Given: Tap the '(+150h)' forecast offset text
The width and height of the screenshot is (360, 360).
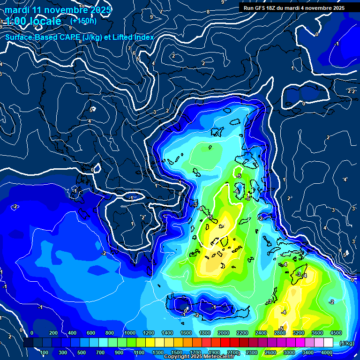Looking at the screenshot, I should (83, 21).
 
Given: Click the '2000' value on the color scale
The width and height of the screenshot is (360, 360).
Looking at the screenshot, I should (223, 333).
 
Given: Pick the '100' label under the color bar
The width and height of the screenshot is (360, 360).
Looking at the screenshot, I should (45, 352).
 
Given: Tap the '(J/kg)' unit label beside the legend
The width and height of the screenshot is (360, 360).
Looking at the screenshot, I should (347, 344).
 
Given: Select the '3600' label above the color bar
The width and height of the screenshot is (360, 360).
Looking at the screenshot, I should (317, 333).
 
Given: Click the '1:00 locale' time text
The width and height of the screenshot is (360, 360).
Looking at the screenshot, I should (33, 21).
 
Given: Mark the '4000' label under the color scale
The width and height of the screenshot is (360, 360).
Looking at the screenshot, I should (327, 352).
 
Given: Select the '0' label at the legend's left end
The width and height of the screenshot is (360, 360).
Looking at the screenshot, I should (32, 333).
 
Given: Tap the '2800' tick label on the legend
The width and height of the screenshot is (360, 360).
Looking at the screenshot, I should (280, 333).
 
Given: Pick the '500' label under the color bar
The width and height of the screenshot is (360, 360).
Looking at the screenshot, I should (82, 352).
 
